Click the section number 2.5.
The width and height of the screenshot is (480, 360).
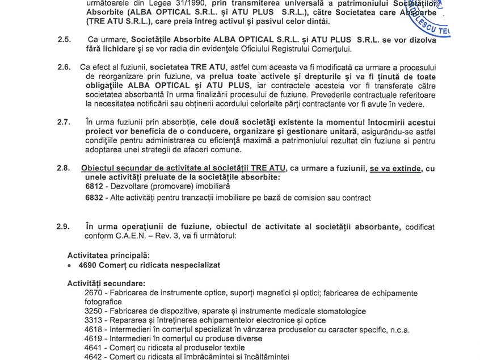tap(64, 40)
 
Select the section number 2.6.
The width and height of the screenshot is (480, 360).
tap(64, 67)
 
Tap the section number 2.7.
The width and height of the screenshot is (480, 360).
tap(64, 122)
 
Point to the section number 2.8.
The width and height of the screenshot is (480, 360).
tap(64, 168)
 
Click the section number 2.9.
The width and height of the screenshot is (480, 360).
tap(64, 227)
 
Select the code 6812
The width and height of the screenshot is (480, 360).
tap(94, 186)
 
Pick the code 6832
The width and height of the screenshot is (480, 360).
tap(94, 198)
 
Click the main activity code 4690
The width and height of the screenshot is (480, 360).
tap(88, 265)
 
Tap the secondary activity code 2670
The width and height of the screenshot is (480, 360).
tap(94, 293)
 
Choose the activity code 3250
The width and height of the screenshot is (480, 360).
tap(94, 311)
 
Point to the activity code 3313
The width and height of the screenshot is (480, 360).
tap(94, 320)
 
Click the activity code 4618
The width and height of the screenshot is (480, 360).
tap(94, 329)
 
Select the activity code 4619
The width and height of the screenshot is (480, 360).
tap(94, 338)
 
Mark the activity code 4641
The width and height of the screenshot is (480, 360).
tap(94, 348)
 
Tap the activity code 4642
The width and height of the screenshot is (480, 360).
tap(94, 357)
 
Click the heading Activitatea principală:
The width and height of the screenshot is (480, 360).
tap(108, 256)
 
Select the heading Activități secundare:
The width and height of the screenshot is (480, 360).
tap(106, 283)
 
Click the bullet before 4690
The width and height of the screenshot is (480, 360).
tap(70, 265)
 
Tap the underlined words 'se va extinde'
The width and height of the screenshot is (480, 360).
tap(397, 168)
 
